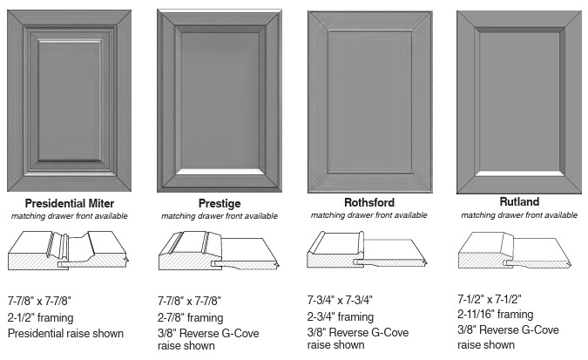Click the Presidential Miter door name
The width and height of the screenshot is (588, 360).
point(70,203)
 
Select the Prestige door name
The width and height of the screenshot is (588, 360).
point(220,203)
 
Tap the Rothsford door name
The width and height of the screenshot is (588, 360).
point(369,203)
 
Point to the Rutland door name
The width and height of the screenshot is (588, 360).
point(519,201)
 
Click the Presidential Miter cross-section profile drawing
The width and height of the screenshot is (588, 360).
point(69,250)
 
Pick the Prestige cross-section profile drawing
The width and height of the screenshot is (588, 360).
point(219,250)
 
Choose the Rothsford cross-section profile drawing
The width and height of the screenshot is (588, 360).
point(367,249)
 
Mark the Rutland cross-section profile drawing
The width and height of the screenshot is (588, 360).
point(515,250)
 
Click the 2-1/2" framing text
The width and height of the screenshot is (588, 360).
point(40,317)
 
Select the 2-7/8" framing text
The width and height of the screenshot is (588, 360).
point(191,317)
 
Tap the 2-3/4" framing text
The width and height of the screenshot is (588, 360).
point(341,316)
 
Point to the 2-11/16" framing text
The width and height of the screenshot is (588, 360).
point(496,314)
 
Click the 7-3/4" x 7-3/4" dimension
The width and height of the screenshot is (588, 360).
point(340,301)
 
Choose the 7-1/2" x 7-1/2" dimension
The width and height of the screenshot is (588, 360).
point(490,299)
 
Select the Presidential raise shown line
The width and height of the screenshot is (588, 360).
point(65,333)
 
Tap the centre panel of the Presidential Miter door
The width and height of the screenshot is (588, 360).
point(70,100)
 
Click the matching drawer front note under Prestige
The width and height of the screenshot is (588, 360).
point(220,216)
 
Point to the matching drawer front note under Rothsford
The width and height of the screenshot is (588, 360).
point(369,215)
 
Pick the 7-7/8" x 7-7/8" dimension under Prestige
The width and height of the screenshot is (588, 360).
point(189,301)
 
